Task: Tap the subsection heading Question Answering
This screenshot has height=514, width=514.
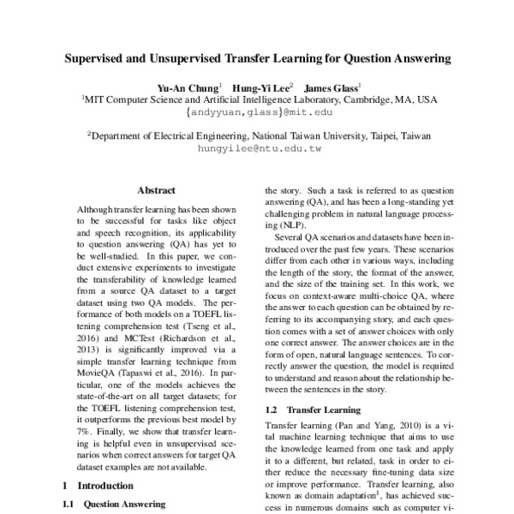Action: point(124,505)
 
